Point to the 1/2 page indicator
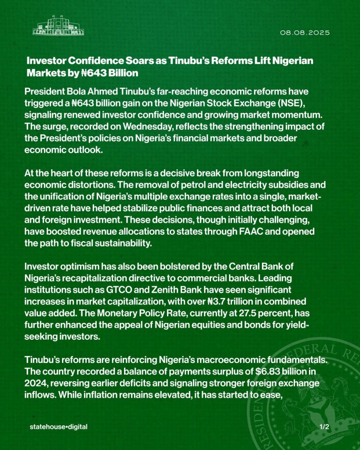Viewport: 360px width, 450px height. pos(324,426)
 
